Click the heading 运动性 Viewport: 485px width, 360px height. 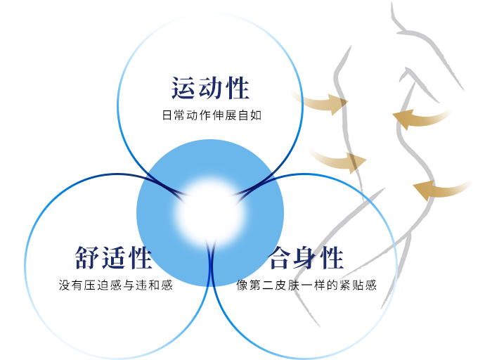(x=210, y=88)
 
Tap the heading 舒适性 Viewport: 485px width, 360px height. (x=113, y=257)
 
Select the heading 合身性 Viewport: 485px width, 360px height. (x=306, y=257)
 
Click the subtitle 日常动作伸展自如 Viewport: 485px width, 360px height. (x=212, y=115)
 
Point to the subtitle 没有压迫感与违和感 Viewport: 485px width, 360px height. (x=116, y=285)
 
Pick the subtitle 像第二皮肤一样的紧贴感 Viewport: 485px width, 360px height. (x=306, y=285)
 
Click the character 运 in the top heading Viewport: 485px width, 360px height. (x=183, y=88)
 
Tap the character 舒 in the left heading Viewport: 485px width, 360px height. (x=88, y=257)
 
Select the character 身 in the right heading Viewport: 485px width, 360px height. (x=306, y=257)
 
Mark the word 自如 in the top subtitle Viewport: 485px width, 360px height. (x=250, y=115)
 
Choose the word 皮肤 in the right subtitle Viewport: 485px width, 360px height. (x=287, y=285)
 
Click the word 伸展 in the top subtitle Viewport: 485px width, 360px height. (x=224, y=115)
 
